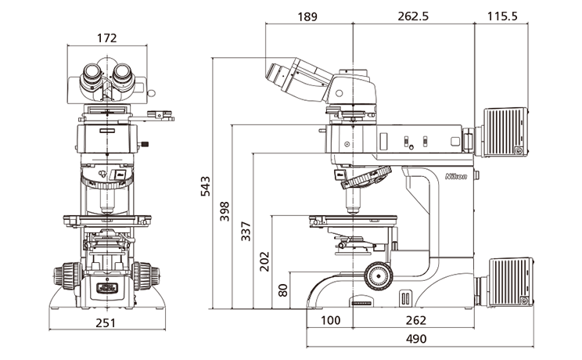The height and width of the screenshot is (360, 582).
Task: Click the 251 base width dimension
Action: pyautogui.click(x=106, y=322)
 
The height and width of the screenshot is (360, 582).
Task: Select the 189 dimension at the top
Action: pyautogui.click(x=308, y=16)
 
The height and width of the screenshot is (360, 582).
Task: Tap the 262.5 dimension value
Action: pyautogui.click(x=412, y=16)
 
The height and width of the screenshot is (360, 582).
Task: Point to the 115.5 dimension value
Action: pyautogui.click(x=502, y=16)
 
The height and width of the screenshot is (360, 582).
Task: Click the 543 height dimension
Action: pyautogui.click(x=206, y=185)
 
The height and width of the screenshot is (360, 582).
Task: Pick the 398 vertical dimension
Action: pyautogui.click(x=225, y=212)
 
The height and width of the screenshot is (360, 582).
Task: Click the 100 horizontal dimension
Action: pyautogui.click(x=331, y=320)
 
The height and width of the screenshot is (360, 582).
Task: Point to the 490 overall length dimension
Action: pyautogui.click(x=416, y=339)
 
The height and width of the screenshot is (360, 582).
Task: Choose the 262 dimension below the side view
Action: pyautogui.click(x=416, y=320)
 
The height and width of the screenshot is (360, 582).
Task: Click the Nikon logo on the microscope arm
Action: pyautogui.click(x=456, y=177)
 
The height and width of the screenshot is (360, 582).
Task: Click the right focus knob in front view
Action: pyautogui.click(x=145, y=276)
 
